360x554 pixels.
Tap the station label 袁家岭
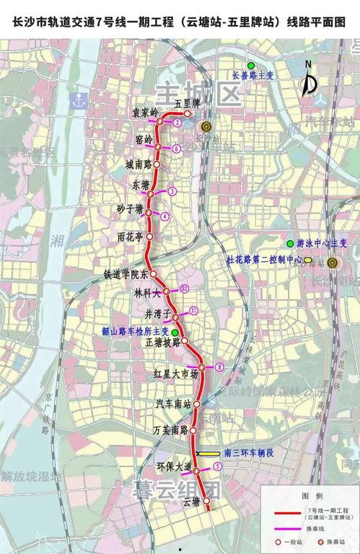point(144,113)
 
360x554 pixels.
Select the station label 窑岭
point(144,138)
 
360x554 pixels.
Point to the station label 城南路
point(138,164)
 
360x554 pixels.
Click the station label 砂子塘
point(131,209)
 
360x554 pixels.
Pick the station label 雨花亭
point(131,235)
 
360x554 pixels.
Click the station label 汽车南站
point(175,405)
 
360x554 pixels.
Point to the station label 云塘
point(190,501)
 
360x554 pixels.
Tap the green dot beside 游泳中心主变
point(289,242)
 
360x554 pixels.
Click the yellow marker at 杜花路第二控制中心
point(308,259)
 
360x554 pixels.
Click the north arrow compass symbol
point(309,81)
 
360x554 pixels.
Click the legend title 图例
point(312,496)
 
